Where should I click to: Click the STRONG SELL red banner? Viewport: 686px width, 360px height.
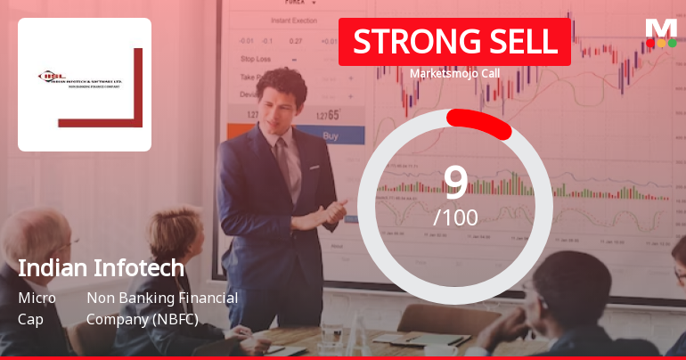(454, 42)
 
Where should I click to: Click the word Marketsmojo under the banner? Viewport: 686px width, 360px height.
(439, 74)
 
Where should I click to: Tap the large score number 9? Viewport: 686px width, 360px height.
(455, 182)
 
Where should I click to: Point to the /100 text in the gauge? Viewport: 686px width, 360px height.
(455, 217)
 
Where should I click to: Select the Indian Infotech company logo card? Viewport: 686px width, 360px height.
(85, 85)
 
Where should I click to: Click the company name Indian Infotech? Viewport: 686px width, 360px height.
(101, 267)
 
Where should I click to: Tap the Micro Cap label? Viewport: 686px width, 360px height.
(37, 307)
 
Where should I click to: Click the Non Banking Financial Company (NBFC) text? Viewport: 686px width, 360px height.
(162, 307)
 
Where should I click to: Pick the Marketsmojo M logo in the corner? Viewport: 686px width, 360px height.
(661, 32)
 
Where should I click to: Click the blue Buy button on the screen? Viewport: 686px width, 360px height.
(330, 136)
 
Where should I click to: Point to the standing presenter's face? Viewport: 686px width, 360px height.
(282, 95)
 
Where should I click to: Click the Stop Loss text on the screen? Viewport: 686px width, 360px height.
(256, 59)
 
